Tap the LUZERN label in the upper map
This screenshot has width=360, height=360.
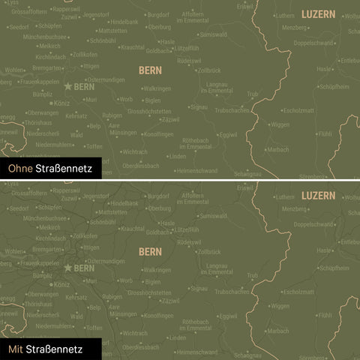coord(318,15)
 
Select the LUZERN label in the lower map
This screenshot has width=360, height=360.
coord(318,195)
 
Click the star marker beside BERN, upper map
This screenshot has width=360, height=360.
coord(68,87)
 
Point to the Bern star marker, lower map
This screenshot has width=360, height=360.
coord(68,268)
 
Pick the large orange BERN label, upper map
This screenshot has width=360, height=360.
coord(150,70)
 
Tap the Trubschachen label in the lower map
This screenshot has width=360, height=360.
coord(232,291)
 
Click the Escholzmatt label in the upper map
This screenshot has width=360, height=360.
coord(300,110)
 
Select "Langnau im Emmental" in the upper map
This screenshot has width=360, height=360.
coord(217,88)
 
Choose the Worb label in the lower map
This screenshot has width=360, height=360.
coord(126,280)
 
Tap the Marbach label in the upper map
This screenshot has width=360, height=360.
coord(278,149)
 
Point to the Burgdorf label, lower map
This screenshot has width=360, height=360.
coord(158,195)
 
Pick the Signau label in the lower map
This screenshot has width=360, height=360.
coord(199,287)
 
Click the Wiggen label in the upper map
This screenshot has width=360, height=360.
coord(280,125)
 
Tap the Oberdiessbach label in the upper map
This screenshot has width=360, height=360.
coord(142,166)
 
